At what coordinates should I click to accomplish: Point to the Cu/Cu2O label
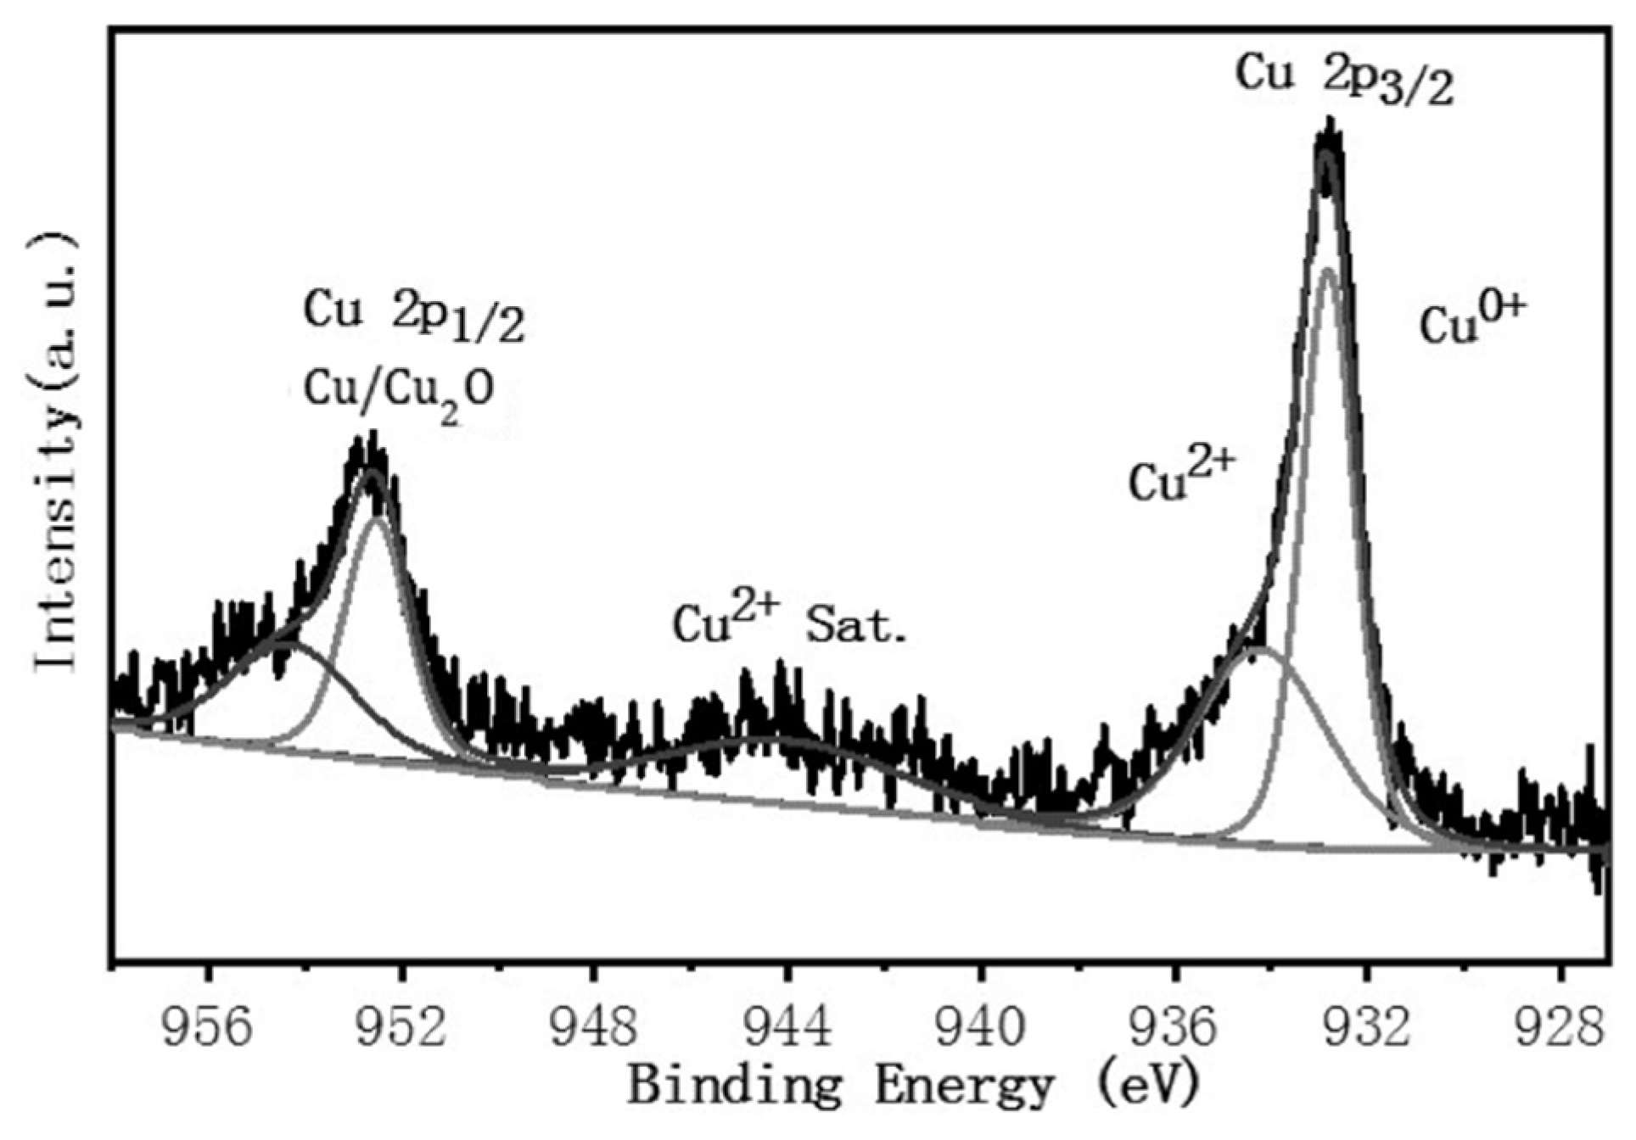[399, 392]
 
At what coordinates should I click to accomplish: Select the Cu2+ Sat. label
[789, 623]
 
